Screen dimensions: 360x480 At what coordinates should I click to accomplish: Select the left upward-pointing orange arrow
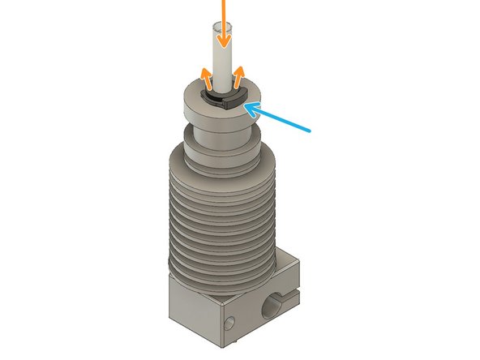(x=206, y=79)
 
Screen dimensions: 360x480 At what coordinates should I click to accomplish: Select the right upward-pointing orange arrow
(x=239, y=79)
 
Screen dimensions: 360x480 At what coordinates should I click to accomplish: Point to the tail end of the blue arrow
(x=311, y=129)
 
